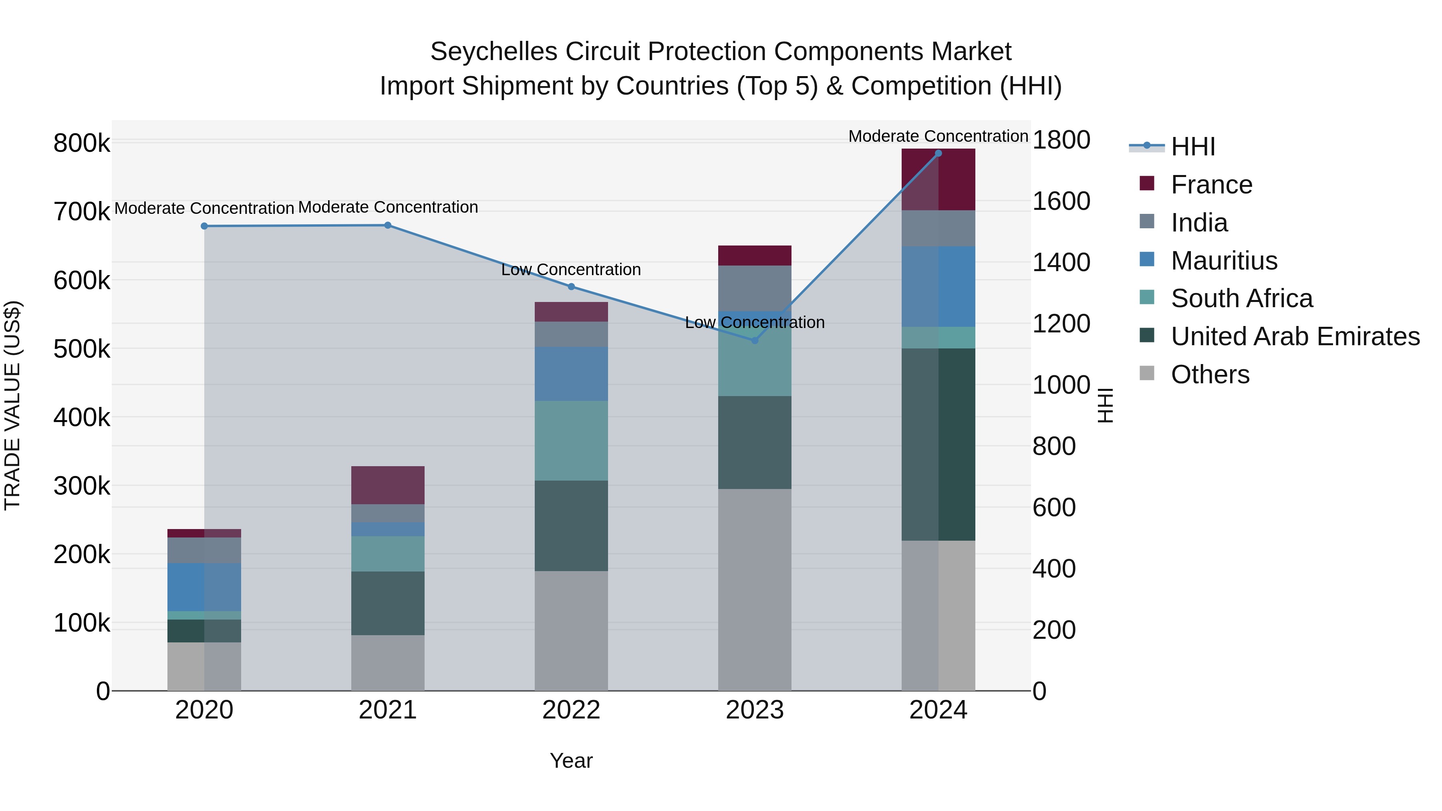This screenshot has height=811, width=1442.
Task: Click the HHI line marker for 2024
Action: [x=938, y=153]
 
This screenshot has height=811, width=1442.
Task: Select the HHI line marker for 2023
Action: [x=755, y=340]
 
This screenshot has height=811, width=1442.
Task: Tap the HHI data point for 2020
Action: [x=204, y=226]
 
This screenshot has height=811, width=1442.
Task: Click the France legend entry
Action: [x=1211, y=185]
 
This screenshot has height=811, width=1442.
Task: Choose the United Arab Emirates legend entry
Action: [x=1295, y=336]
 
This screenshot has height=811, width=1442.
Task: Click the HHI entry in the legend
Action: [x=1192, y=147]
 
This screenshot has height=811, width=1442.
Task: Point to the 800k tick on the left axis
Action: [x=82, y=143]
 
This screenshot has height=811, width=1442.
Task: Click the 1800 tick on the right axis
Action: [x=1061, y=139]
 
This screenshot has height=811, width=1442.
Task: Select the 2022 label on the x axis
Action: [x=571, y=710]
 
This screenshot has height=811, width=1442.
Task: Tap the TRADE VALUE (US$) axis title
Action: [x=13, y=406]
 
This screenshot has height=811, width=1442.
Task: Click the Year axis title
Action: [x=571, y=761]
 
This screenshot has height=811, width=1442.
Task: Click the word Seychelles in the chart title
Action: [x=494, y=52]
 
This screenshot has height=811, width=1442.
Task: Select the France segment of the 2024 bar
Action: [x=938, y=180]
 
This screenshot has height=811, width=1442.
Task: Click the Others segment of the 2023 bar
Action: [x=755, y=590]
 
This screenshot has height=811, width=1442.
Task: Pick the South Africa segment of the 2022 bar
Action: [x=571, y=441]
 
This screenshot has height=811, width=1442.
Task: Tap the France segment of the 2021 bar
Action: [x=387, y=485]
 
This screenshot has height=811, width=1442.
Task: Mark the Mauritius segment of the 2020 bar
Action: [x=204, y=587]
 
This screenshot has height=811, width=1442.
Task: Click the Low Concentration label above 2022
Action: [x=571, y=270]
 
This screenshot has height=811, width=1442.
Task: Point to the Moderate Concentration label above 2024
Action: [x=938, y=136]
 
